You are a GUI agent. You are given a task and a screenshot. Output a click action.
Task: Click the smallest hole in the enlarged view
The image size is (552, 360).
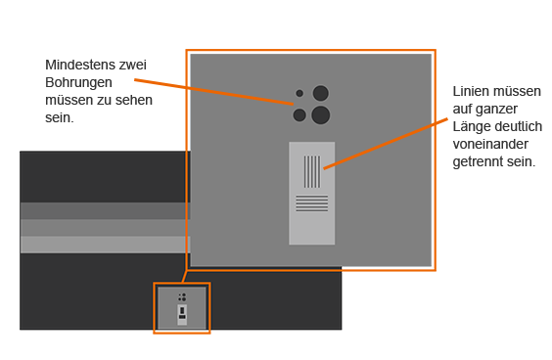tap(299, 93)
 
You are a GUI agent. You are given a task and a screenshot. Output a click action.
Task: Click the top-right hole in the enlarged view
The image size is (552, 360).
tap(321, 93)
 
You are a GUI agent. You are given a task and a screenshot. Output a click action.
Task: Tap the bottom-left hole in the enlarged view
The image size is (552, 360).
tap(299, 115)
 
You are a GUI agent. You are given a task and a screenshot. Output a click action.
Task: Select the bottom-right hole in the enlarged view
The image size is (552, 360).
tap(321, 115)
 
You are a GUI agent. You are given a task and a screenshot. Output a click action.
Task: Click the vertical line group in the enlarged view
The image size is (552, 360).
tap(312, 172)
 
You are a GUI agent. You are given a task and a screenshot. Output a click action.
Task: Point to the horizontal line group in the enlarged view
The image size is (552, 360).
tap(312, 203)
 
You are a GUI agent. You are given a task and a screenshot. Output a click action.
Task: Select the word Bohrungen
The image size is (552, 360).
tap(79, 83)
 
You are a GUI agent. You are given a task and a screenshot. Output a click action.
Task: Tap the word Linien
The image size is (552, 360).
tap(469, 92)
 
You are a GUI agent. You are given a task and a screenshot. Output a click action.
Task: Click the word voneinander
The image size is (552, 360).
tap(490, 144)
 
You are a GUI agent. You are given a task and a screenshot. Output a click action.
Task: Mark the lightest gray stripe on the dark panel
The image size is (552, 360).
tap(105, 245)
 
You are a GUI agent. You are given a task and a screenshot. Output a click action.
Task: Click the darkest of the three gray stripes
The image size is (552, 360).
tap(105, 210)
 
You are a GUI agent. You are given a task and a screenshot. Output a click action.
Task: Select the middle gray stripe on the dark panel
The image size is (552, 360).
tap(105, 228)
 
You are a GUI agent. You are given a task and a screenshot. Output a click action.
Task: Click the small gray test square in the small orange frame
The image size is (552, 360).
tap(182, 308)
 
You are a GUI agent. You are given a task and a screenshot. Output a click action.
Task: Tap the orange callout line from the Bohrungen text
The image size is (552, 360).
tap(213, 92)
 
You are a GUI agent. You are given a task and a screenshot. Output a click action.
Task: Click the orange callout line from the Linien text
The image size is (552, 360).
tap(386, 144)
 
